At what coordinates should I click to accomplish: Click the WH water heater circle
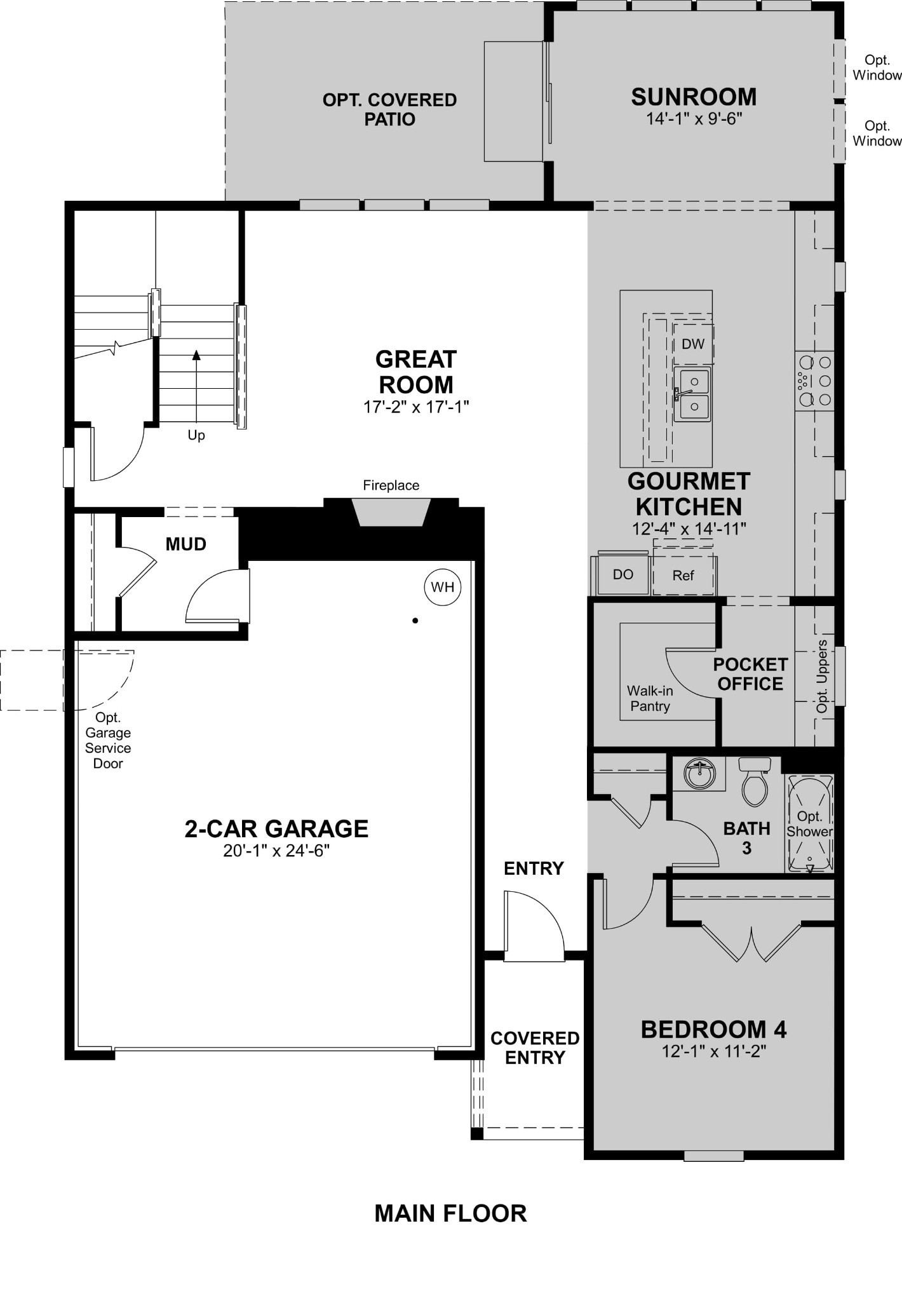[x=443, y=587]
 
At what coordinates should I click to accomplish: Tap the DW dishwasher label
[x=693, y=344]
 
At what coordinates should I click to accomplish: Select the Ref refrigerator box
[x=683, y=576]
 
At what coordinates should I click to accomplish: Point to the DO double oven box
[x=623, y=575]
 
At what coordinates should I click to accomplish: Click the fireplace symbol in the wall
[x=391, y=512]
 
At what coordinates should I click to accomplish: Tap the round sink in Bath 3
[x=699, y=773]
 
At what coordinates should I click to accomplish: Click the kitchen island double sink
[x=692, y=394]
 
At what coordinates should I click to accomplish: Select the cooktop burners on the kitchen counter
[x=814, y=381]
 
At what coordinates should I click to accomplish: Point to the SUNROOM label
[x=694, y=97]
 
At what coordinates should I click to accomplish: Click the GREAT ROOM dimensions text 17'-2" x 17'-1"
[x=416, y=407]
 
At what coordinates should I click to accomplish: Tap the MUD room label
[x=186, y=544]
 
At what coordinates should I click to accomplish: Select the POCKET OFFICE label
[x=750, y=674]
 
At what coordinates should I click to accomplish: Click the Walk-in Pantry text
[x=650, y=698]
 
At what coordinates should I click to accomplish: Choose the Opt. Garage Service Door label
[x=108, y=740]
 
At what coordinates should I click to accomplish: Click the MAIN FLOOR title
[x=450, y=1213]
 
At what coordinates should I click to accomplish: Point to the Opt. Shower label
[x=810, y=824]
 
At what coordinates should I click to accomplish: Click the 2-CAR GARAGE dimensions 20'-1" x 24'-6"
[x=276, y=851]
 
